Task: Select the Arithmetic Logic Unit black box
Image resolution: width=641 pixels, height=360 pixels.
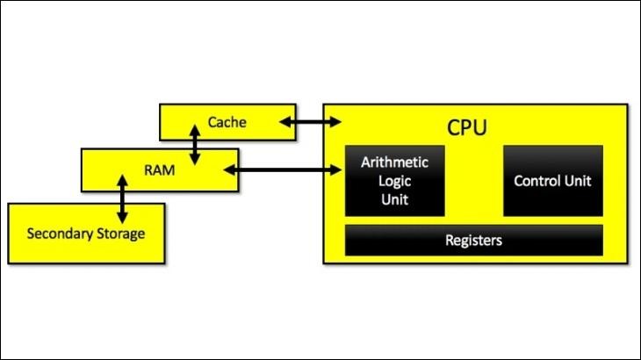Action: pyautogui.click(x=394, y=180)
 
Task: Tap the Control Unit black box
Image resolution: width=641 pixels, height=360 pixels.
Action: pyautogui.click(x=552, y=180)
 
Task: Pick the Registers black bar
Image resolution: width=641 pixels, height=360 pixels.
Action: pyautogui.click(x=473, y=240)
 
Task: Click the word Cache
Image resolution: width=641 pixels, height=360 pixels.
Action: pyautogui.click(x=227, y=122)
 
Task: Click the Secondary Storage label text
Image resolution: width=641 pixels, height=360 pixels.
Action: pyautogui.click(x=85, y=234)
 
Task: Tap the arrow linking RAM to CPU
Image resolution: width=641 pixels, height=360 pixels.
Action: pyautogui.click(x=284, y=170)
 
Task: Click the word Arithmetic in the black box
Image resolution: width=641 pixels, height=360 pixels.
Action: pyautogui.click(x=394, y=163)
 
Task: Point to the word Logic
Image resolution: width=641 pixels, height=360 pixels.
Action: pyautogui.click(x=394, y=181)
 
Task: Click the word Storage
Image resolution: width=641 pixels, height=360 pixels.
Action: pyautogui.click(x=118, y=234)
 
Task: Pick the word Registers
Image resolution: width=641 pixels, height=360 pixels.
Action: pyautogui.click(x=473, y=240)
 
